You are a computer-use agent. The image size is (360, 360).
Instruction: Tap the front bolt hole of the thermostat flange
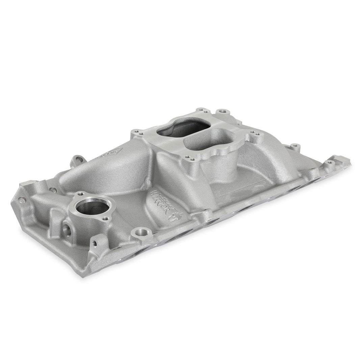click(x=105, y=218)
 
